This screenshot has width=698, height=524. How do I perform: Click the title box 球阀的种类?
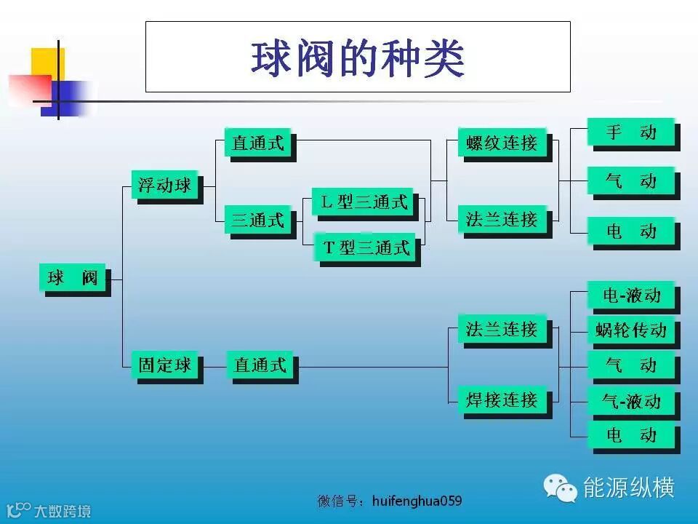coord(358,57)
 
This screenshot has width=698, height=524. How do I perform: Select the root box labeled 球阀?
coord(72,277)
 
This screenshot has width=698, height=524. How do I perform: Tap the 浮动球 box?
coord(165,185)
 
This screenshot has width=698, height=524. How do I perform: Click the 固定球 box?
coord(165,365)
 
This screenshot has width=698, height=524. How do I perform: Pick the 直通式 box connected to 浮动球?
coord(258,143)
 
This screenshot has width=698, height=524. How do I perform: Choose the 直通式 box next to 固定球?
coord(260,365)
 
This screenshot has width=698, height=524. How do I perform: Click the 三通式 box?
coord(258,219)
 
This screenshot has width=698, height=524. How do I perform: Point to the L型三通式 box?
coord(363,202)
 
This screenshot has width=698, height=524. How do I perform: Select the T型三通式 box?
coord(367,247)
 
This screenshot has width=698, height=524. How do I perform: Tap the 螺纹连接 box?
coord(502,143)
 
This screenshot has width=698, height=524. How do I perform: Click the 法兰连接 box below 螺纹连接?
coord(502,219)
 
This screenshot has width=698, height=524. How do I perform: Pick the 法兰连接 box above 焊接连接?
coord(502,329)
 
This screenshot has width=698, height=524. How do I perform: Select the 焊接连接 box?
coord(502,400)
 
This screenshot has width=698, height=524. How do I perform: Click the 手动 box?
coord(631,132)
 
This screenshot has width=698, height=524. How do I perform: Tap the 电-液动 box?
coord(631,295)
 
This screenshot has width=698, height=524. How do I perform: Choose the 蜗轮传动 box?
coord(631,330)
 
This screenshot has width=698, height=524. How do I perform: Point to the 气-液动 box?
coord(631,400)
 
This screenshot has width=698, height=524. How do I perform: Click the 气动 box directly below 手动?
coord(631,181)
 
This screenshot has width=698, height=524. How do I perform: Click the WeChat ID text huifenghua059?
coord(417,501)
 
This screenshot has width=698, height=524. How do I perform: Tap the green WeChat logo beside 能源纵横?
coord(561,488)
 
